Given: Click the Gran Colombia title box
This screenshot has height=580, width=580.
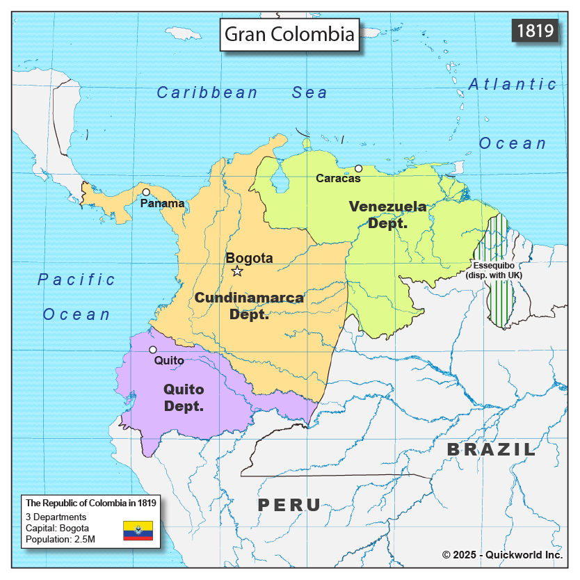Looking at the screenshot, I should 289,34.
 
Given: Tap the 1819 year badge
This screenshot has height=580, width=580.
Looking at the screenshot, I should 535,31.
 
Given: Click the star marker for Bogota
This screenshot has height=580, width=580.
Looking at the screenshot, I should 236,271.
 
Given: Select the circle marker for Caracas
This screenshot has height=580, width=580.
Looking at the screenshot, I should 358,168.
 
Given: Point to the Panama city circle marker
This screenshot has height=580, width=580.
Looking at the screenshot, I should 146,192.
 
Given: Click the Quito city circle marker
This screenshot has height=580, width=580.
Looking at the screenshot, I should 152,349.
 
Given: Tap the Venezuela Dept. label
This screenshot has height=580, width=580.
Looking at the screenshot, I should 387,215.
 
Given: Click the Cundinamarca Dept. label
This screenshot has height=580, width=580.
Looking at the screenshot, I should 249,306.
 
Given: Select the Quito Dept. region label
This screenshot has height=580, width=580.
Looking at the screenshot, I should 184,397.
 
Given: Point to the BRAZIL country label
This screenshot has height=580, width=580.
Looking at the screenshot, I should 491,450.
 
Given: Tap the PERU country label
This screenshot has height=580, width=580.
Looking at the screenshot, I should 289,506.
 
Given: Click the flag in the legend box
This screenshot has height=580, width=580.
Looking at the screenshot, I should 138,530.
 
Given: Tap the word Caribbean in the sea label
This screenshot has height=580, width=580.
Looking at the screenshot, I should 207,92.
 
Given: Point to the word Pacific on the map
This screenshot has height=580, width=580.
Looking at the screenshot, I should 76,280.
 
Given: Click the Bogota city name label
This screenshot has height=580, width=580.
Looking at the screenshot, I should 249,258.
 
